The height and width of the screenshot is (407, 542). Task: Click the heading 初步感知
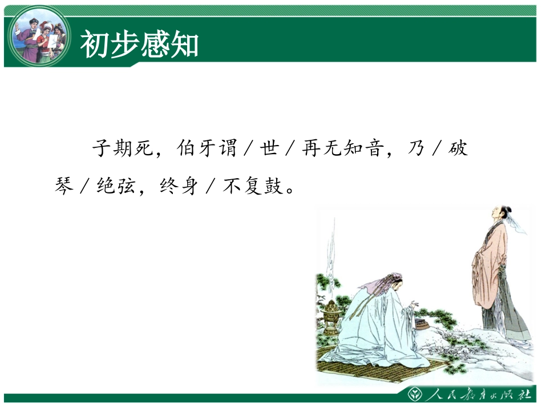coord(139,45)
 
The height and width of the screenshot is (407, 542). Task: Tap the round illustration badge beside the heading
coord(39,35)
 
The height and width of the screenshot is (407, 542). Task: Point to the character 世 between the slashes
coord(268,149)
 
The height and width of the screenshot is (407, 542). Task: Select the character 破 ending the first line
coord(458,149)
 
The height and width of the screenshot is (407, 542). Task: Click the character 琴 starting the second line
coord(64,186)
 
